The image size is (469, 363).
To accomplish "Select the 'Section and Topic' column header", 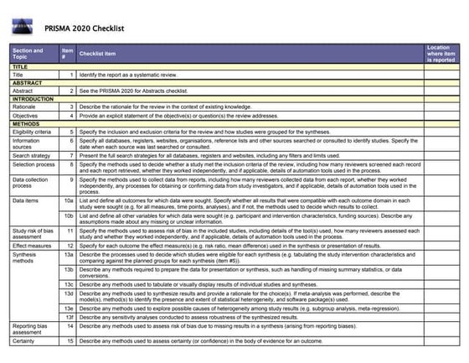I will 28,54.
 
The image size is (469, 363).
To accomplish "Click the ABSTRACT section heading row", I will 28,83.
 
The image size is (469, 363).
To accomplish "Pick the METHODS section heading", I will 27,123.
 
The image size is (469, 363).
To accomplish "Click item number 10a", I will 69,202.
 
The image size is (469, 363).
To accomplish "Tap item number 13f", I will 69,317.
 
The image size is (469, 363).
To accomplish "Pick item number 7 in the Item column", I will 72,156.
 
